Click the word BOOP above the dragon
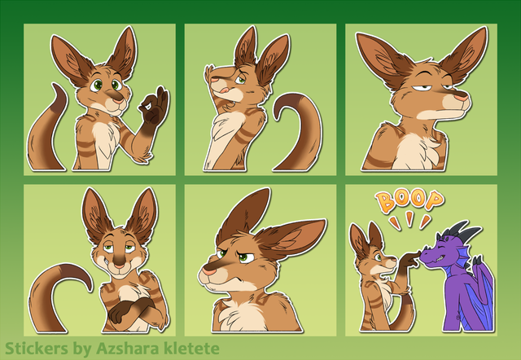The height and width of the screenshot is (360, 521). point(409,201)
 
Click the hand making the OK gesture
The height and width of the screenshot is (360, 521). point(154,110)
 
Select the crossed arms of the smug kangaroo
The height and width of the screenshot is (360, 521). point(133,309)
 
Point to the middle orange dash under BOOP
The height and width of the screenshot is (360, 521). point(409,218)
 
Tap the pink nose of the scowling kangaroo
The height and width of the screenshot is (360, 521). point(208,271)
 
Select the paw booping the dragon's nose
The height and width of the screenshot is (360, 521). point(411,259)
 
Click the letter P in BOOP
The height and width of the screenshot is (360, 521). point(434,200)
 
